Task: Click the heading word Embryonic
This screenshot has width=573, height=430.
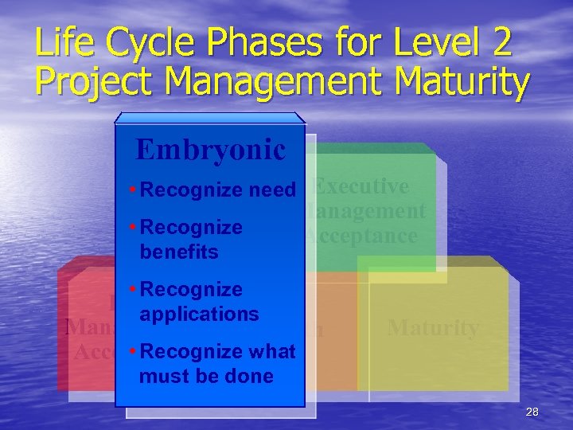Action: click(210, 149)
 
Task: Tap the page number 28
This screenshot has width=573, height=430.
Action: click(532, 412)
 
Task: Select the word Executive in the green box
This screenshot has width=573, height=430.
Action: click(361, 186)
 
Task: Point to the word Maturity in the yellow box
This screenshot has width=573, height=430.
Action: click(433, 328)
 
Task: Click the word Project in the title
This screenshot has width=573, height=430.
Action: click(92, 83)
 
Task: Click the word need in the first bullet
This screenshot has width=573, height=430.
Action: click(272, 190)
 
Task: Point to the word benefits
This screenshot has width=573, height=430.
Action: click(178, 252)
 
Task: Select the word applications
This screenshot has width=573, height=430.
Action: click(199, 314)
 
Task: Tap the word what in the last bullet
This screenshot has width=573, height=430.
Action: click(272, 351)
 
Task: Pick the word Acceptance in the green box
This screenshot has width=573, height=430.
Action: click(361, 236)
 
